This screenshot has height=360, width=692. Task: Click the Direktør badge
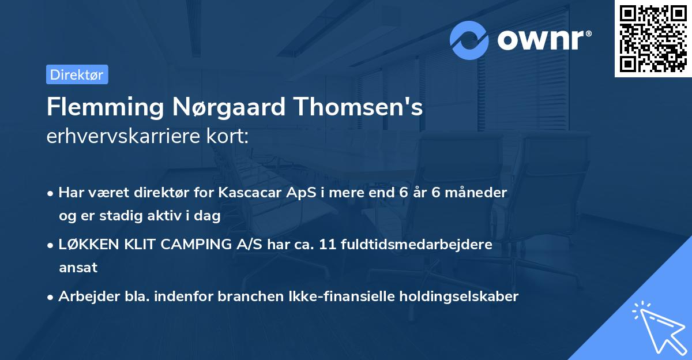click(77, 74)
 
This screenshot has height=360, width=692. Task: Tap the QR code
click(653, 39)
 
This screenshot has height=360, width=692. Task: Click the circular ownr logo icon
click(469, 40)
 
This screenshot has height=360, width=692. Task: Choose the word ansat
click(78, 268)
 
